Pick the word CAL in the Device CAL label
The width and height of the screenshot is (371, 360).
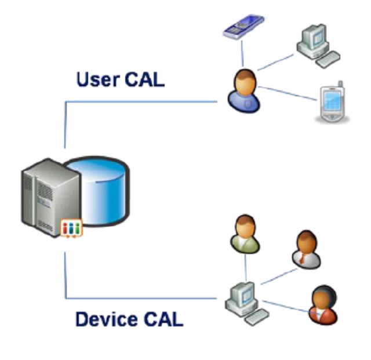(163, 318)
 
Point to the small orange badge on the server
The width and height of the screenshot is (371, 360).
(72, 227)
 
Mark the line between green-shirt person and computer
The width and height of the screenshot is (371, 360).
(245, 267)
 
